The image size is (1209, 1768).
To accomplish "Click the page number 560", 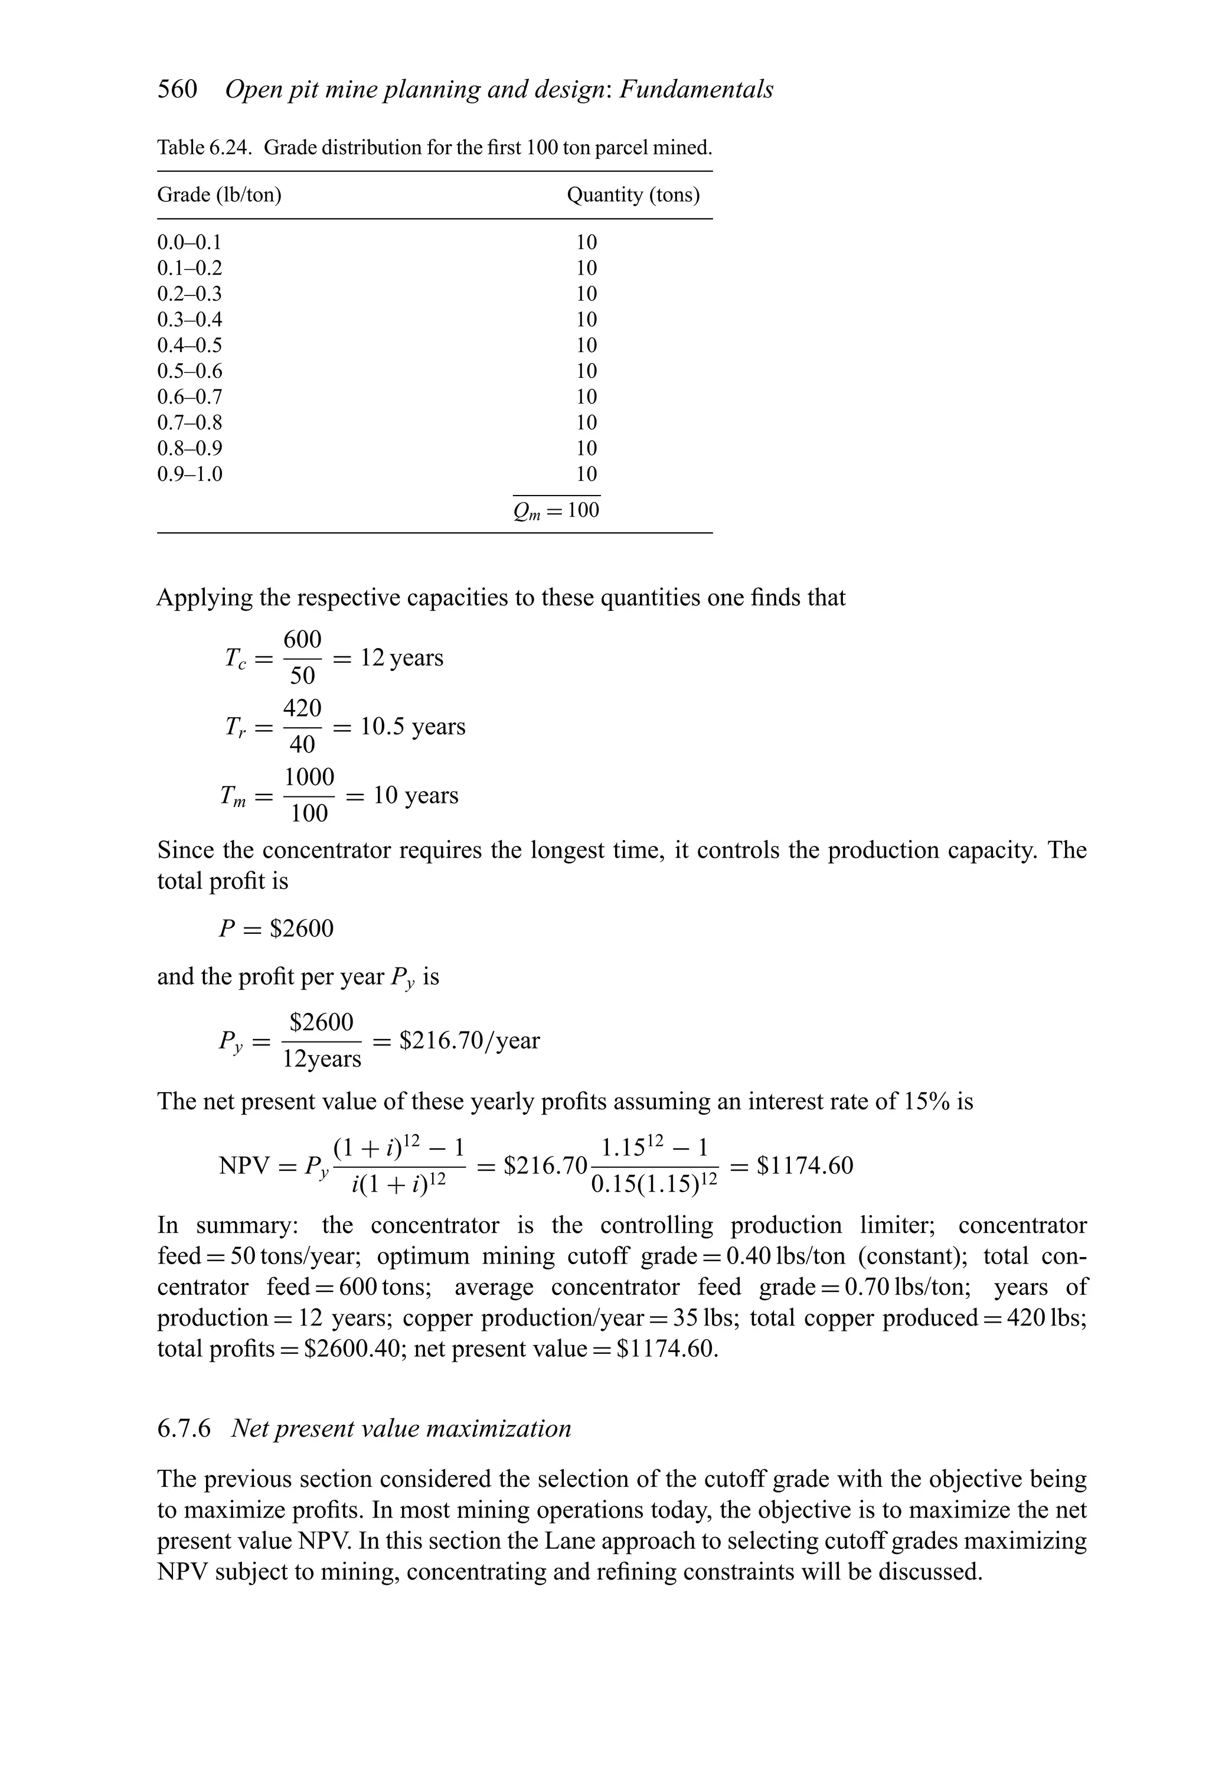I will [x=177, y=90].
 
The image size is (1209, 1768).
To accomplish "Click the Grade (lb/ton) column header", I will [x=219, y=196].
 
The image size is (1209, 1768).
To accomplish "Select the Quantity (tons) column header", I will [x=633, y=196].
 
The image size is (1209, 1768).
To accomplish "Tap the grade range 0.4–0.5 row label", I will [x=189, y=346].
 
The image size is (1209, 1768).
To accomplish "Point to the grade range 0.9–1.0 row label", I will [x=189, y=474].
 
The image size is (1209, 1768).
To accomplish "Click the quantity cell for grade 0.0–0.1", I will [x=586, y=243].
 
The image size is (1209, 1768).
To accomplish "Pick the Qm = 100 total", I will [x=557, y=510].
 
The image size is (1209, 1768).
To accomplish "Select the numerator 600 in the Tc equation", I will [x=302, y=639].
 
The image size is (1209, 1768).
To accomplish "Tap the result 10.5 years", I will [x=412, y=727].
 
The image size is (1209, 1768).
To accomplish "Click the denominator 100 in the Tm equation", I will [x=309, y=814].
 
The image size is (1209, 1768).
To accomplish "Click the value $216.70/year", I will [x=469, y=1040].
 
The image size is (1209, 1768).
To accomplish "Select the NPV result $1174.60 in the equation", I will [x=805, y=1165].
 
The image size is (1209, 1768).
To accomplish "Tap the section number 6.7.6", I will [x=183, y=1429].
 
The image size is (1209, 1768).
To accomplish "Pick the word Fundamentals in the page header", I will [x=697, y=90].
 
